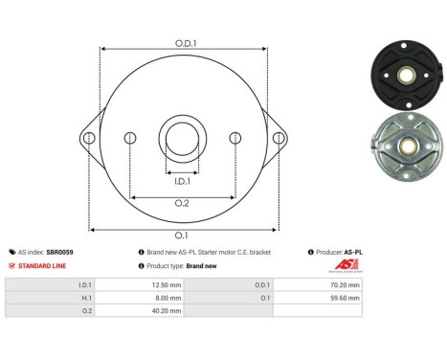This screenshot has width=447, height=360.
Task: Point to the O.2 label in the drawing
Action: [182, 203]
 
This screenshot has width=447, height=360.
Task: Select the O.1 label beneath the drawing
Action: [182, 235]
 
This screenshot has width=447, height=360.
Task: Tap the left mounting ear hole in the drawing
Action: [88, 139]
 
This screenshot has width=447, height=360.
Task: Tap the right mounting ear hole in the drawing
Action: [279, 139]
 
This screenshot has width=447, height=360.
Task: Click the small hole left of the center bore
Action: [129, 139]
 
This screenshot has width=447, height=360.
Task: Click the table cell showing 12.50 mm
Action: [140, 284]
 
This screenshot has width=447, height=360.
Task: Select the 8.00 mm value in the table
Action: [140, 297]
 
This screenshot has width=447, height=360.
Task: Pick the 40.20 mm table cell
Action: [140, 309]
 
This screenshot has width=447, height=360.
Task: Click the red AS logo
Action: [345, 265]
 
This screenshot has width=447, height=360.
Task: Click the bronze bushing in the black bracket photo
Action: [408, 72]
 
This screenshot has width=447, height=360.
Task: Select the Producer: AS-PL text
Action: [338, 252]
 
